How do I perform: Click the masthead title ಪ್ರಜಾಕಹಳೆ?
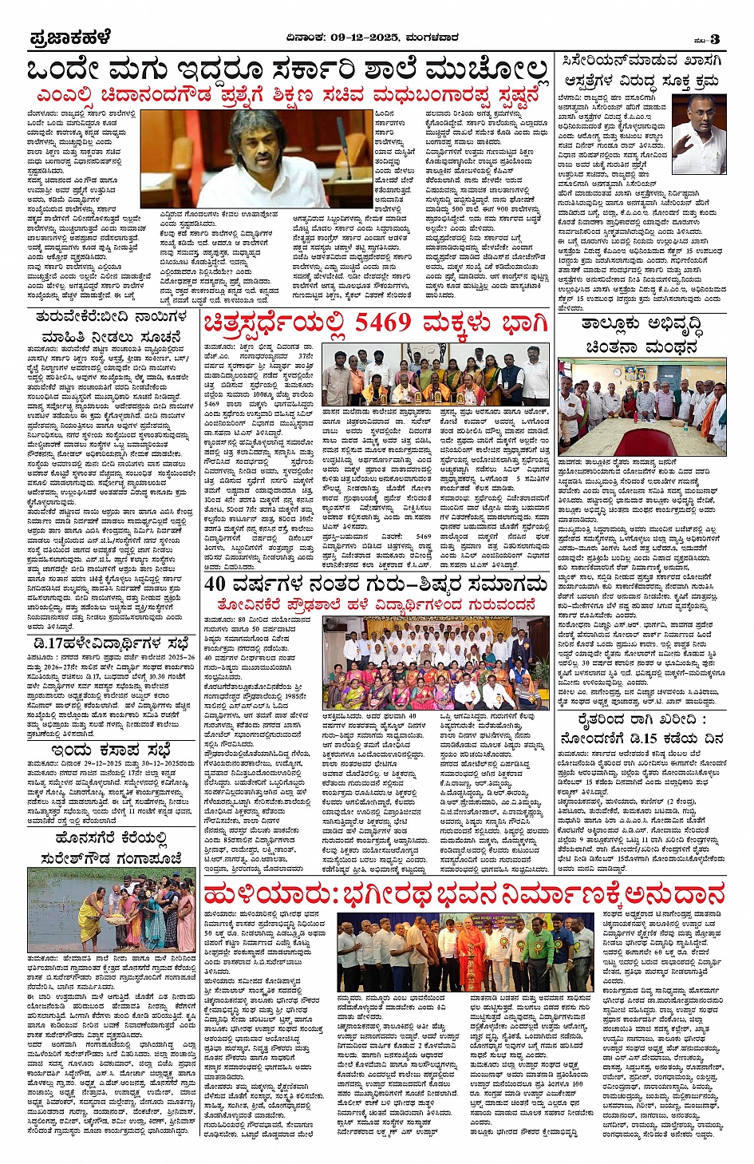69,38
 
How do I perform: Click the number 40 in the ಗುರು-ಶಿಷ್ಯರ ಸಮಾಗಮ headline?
217,584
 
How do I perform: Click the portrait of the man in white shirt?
698,133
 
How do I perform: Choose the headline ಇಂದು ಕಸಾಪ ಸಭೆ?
111,750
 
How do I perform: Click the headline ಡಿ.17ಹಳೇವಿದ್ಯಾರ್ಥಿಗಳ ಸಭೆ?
111,643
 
